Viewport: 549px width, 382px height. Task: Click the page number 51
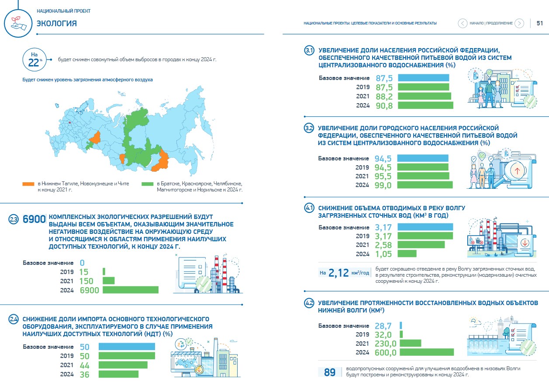[x=539, y=23]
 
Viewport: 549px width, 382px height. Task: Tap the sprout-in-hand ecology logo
[x=18, y=23]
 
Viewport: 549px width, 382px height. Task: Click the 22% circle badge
[x=35, y=59]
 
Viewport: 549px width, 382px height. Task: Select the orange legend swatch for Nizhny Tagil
[x=28, y=184]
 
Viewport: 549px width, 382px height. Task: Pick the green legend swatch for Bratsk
[x=147, y=184]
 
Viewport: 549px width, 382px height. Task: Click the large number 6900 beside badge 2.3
[x=34, y=219]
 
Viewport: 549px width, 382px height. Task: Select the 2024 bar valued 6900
[x=131, y=290]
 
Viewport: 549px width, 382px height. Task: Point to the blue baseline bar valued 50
[x=127, y=347]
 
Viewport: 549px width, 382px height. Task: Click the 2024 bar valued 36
[x=119, y=374]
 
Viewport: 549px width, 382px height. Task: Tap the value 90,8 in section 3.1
[x=384, y=106]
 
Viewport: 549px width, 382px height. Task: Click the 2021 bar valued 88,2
[x=424, y=96]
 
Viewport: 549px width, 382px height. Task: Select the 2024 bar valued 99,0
[x=425, y=185]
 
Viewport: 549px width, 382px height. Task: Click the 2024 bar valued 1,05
[x=407, y=254]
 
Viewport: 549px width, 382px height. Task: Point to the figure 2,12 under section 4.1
[x=338, y=273]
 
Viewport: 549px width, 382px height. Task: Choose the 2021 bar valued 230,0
[x=410, y=343]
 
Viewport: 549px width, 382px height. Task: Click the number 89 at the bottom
[x=329, y=372]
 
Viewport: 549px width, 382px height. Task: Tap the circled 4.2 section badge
[x=309, y=303]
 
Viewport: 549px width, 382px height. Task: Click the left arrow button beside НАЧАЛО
[x=463, y=23]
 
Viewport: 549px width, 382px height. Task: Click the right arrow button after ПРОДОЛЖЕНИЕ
[x=519, y=23]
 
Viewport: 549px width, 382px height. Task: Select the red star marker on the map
[x=69, y=122]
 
